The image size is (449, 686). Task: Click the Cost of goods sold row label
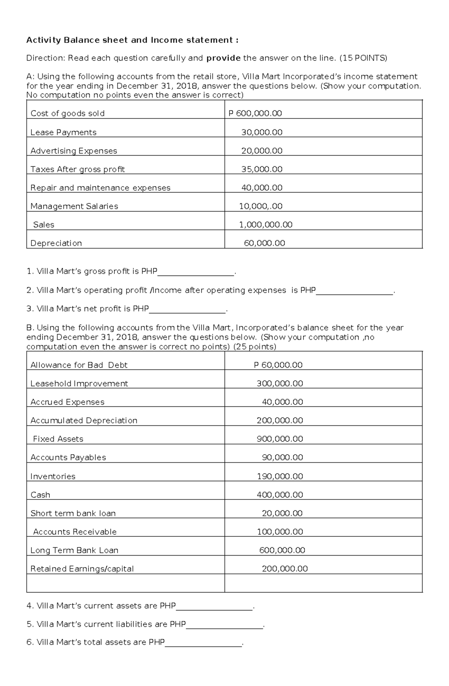pos(67,113)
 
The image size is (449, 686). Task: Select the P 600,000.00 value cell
pos(255,113)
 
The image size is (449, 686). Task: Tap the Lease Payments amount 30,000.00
pos(262,132)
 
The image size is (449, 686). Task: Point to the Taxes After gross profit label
pos(77,169)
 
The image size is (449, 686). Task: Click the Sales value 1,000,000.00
pos(266,224)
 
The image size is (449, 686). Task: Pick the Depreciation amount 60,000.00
pos(264,243)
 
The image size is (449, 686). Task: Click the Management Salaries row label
pos(74,206)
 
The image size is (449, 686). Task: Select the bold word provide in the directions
pos(223,58)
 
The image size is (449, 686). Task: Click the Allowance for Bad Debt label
pos(79,365)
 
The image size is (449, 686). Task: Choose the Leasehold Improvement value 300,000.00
pos(280,383)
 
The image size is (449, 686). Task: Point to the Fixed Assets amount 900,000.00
pos(280,439)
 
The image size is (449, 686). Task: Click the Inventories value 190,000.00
pos(280,476)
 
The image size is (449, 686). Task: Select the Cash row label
pos(40,495)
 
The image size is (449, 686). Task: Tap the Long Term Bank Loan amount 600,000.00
pos(282,550)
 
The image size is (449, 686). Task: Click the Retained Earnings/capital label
pos(82,569)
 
